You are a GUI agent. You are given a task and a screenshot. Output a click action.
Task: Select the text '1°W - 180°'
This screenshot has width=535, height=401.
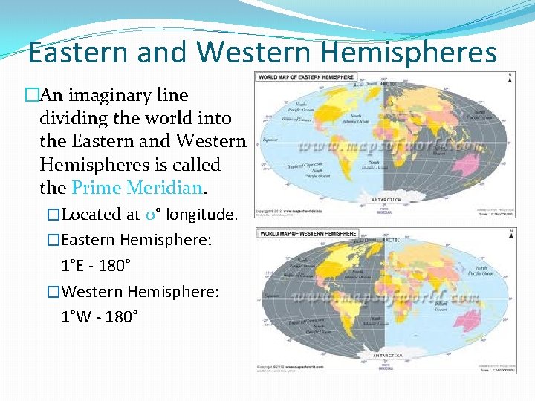point(99,316)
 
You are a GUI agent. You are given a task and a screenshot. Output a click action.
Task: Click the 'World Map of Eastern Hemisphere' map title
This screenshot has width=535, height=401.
point(307,77)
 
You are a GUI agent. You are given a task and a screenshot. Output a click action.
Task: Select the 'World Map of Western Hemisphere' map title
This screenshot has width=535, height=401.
point(308,235)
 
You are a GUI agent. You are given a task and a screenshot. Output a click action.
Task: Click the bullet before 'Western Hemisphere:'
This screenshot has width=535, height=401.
point(53,293)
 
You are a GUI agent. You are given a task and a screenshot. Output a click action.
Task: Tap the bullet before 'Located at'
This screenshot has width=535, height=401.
point(53,215)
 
